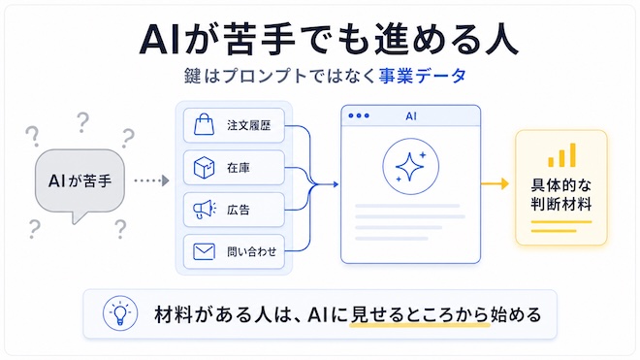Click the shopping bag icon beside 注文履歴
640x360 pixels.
pos(204,124)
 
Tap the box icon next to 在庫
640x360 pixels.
pos(204,168)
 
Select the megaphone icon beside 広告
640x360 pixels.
pos(205,210)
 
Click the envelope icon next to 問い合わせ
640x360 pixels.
pos(204,251)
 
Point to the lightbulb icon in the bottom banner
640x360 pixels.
pos(120,313)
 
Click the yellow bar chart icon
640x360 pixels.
pos(562,155)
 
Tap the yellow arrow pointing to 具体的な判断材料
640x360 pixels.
pos(495,184)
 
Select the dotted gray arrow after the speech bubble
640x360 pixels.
pos(151,180)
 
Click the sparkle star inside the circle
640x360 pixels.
pos(410,167)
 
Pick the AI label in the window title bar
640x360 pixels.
pos(411,116)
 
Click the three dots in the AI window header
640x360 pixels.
pos(359,115)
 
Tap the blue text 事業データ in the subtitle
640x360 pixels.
pos(422,76)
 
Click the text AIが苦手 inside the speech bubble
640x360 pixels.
pos(80,180)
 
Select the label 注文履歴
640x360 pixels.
pos(249,125)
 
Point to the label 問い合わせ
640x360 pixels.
pos(252,251)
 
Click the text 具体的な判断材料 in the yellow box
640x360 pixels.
pos(561,194)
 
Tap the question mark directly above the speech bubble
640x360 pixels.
pos(82,122)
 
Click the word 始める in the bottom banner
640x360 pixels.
pos(516,314)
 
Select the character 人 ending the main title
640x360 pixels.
pos(501,40)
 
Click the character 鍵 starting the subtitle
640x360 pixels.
pos(192,76)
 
